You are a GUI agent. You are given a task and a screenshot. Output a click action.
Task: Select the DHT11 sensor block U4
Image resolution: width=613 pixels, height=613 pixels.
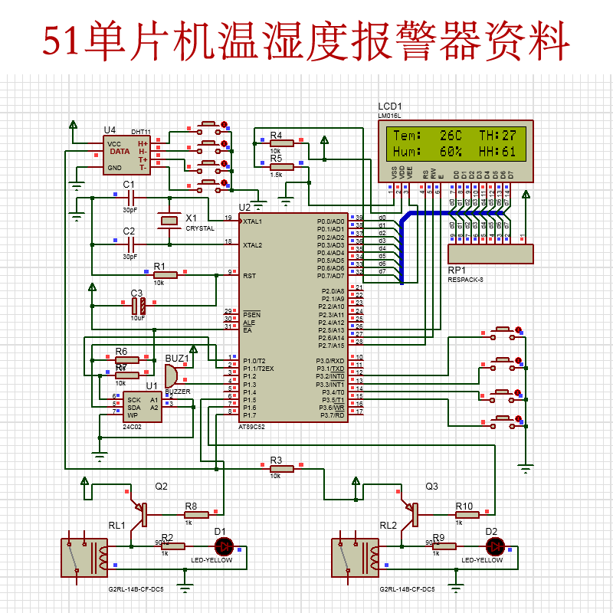tap(126, 156)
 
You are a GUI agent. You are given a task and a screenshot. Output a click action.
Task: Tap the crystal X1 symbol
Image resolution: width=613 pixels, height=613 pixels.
tap(168, 221)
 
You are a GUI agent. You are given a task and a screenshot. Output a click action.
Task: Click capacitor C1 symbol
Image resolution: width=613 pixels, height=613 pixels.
tap(129, 198)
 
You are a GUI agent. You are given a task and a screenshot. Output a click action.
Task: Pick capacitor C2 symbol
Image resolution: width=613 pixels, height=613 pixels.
tap(129, 244)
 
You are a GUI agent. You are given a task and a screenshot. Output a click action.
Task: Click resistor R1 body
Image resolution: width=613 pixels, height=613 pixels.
tap(164, 275)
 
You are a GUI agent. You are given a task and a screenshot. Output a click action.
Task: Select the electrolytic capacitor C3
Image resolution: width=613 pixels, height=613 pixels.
tap(139, 306)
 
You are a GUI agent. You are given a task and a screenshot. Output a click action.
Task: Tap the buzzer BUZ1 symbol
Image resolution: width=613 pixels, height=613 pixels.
tap(170, 375)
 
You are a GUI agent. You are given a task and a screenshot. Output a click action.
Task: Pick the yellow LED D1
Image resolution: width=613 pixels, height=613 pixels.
tap(225, 546)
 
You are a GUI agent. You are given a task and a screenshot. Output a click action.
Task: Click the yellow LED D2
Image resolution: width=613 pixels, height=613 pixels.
tap(496, 546)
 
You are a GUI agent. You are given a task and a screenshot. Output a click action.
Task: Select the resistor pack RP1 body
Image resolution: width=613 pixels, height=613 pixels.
tap(490, 254)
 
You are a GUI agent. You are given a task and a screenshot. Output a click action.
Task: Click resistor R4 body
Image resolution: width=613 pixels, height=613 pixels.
tap(280, 143)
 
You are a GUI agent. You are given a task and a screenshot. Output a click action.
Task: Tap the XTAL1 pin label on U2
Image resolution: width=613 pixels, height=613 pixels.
tap(253, 221)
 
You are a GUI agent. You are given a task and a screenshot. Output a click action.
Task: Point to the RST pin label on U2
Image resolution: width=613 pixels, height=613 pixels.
tap(249, 275)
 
